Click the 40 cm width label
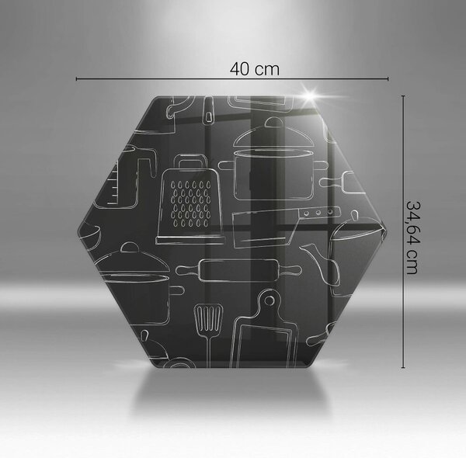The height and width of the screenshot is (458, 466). (255, 69)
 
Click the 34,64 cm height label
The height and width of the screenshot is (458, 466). (413, 238)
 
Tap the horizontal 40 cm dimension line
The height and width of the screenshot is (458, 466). (232, 78)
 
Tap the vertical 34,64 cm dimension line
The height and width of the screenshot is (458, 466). (403, 231)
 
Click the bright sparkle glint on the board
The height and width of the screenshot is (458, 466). (310, 96)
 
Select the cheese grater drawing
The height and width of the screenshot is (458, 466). (190, 200)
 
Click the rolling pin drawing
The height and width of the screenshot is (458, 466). (238, 270)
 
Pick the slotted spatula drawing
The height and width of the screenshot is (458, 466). (208, 335)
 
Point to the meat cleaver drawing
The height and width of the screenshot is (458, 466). (286, 227)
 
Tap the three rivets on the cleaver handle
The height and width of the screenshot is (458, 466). (318, 213)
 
